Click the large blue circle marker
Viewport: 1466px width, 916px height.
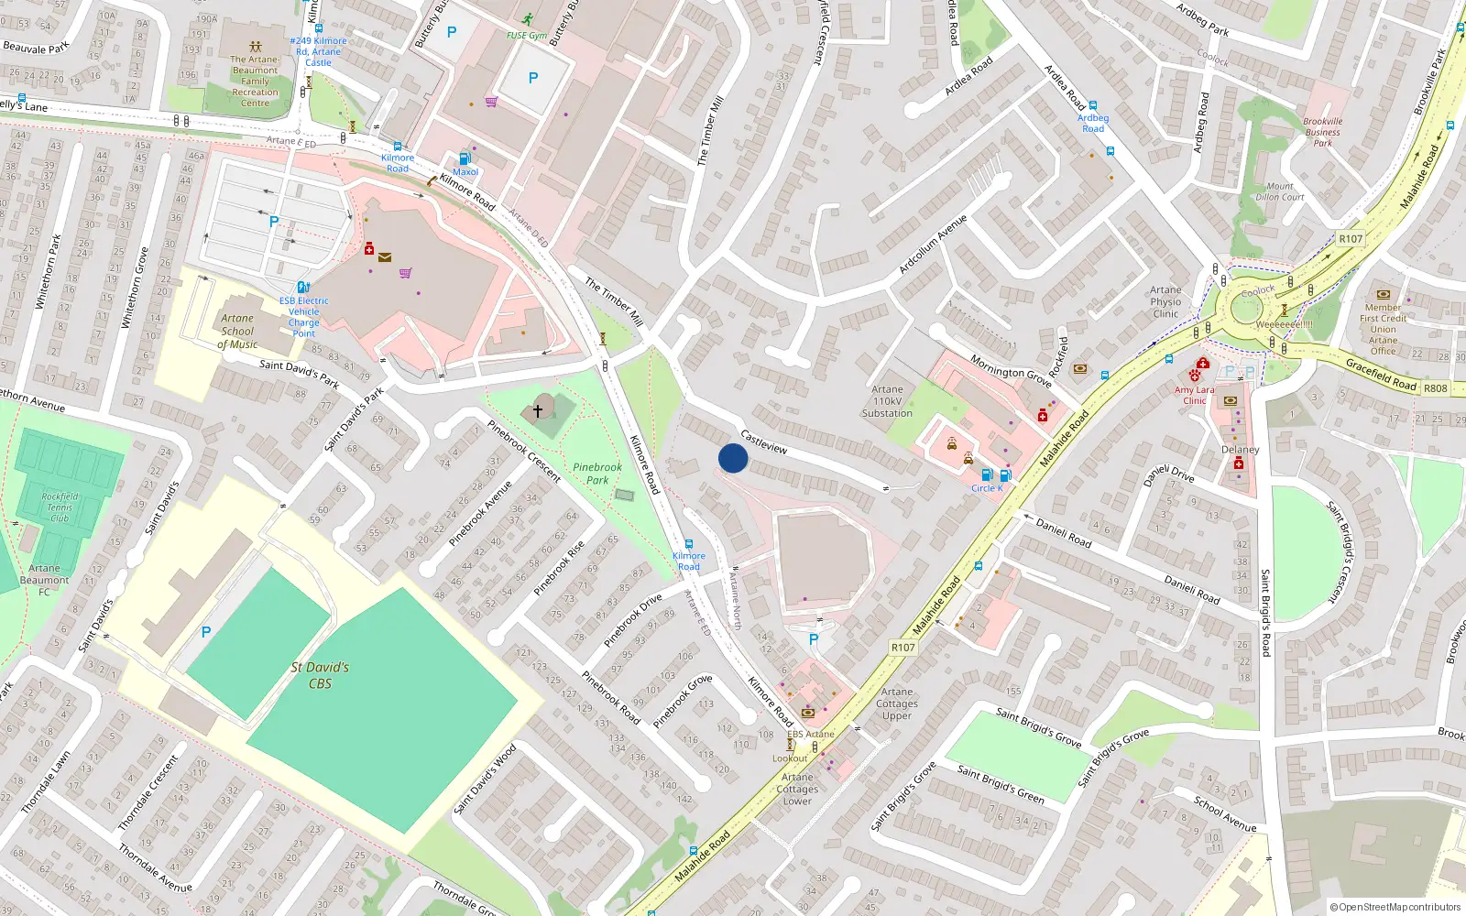pyautogui.click(x=733, y=458)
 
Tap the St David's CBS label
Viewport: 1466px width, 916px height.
pyautogui.click(x=320, y=675)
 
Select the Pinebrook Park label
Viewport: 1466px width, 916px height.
pyautogui.click(x=597, y=473)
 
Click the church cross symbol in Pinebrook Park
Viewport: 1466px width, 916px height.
pyautogui.click(x=538, y=411)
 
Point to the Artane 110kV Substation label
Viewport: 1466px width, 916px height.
pyautogui.click(x=887, y=401)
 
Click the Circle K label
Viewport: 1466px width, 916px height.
pyautogui.click(x=987, y=488)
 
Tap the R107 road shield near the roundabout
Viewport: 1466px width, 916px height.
pyautogui.click(x=1351, y=238)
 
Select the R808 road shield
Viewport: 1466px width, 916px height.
pyautogui.click(x=1436, y=388)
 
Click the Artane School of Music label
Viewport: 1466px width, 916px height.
pyautogui.click(x=237, y=332)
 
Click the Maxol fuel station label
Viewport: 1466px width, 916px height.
pyautogui.click(x=465, y=171)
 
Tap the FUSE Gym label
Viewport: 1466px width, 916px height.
pyautogui.click(x=527, y=36)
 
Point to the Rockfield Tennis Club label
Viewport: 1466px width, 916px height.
pyautogui.click(x=60, y=507)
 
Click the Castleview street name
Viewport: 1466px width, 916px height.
pyautogui.click(x=763, y=442)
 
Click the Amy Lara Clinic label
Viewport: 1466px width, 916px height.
pyautogui.click(x=1195, y=395)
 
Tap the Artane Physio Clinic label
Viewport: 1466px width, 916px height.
pyautogui.click(x=1165, y=301)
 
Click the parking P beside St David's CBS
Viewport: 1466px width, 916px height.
pyautogui.click(x=206, y=632)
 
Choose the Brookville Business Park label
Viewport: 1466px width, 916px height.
pyautogui.click(x=1323, y=132)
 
